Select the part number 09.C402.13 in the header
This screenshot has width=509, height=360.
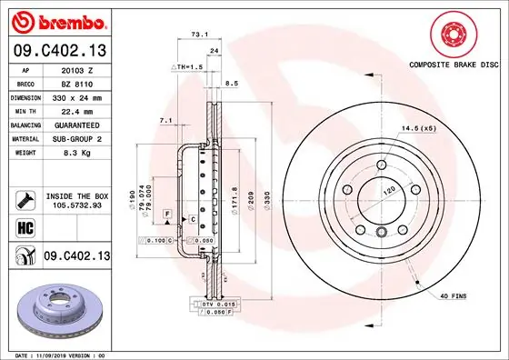pos(58,50)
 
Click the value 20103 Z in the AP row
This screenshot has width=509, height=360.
pos(76,70)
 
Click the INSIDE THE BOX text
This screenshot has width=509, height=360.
pos(76,196)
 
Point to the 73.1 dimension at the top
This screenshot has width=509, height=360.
pos(195,34)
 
